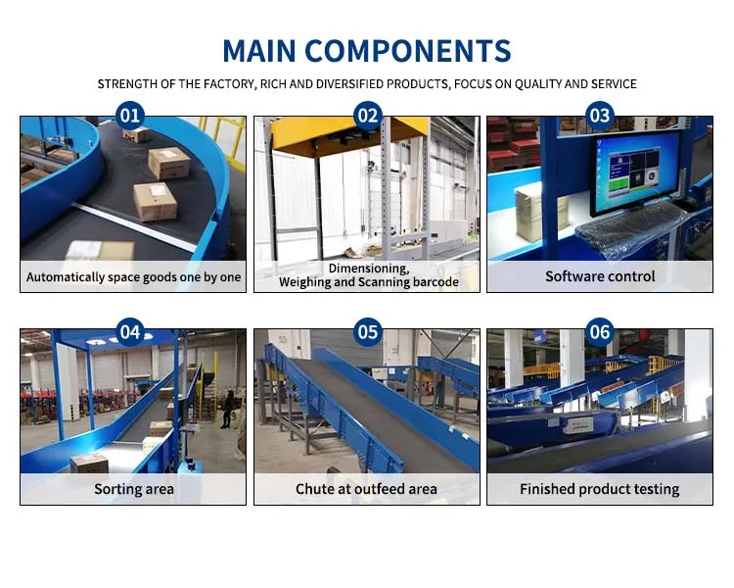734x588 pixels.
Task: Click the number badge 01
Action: [130, 117]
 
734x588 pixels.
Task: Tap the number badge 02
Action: [367, 117]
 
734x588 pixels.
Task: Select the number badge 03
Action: [600, 117]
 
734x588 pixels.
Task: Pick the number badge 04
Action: [130, 332]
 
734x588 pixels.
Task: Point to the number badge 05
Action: [367, 332]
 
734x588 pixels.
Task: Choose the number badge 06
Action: [600, 332]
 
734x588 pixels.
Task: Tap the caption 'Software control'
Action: [600, 276]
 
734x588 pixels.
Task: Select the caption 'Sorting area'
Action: [134, 488]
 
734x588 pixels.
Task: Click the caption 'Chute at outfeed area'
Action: [367, 488]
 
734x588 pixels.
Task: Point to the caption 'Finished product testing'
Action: [600, 488]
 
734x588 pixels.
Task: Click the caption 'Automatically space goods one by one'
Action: [134, 277]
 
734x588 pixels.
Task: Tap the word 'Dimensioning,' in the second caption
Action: [368, 268]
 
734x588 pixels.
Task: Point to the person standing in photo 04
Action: [226, 408]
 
